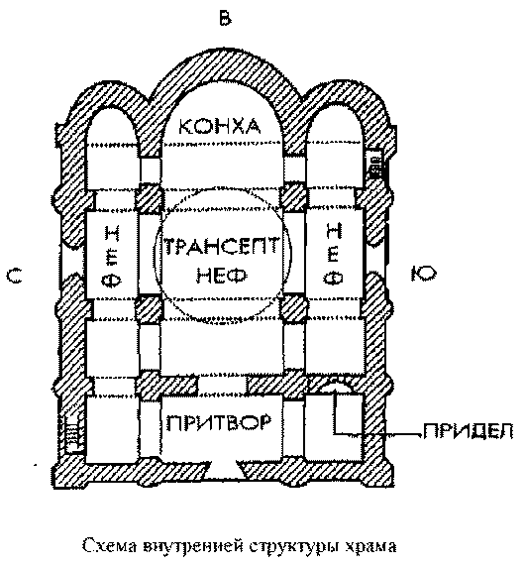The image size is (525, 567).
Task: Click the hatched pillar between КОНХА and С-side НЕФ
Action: (x=148, y=197)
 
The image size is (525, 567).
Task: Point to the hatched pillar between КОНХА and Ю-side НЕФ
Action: (x=294, y=197)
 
